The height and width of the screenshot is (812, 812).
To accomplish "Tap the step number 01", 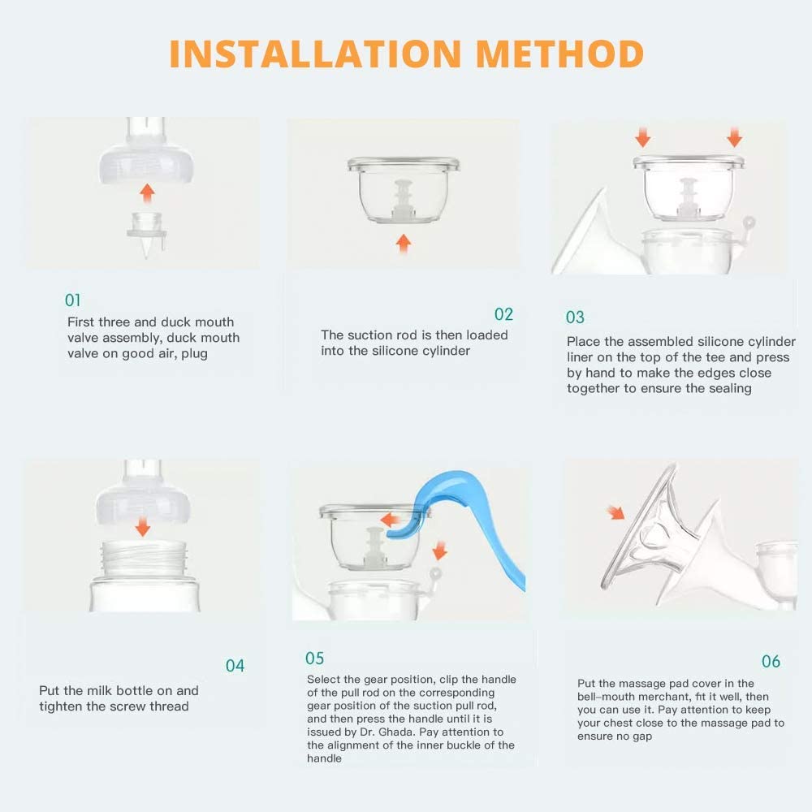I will tap(73, 300).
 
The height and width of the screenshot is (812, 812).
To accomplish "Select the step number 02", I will tap(503, 314).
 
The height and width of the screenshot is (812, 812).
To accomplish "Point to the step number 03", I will tap(575, 317).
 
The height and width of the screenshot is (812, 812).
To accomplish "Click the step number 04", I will tap(235, 666).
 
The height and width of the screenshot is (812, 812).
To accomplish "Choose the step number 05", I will tap(314, 658).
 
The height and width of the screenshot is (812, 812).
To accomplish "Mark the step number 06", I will tap(771, 661).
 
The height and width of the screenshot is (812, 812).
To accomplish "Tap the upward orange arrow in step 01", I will tap(146, 193).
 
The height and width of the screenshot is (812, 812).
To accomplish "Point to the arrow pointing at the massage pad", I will tap(617, 512).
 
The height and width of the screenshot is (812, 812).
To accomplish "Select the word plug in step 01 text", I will tap(195, 353).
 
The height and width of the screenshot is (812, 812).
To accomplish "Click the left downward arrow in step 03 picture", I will tap(641, 134).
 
